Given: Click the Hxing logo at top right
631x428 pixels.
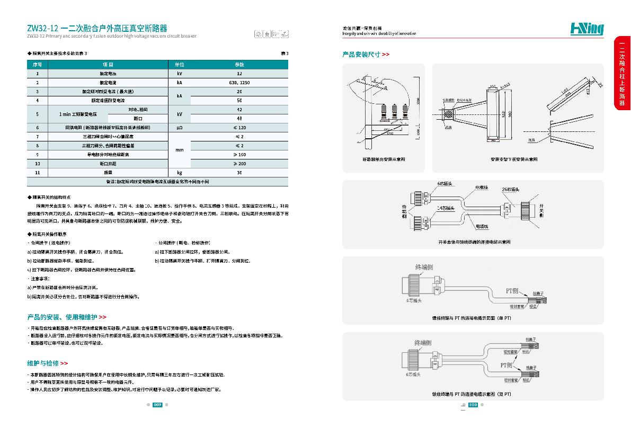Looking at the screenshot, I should (x=586, y=29).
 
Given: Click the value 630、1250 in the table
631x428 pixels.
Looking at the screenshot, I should (x=239, y=83).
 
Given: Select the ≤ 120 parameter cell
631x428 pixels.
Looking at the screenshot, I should (x=239, y=128).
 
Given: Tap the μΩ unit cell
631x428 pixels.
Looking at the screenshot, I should (x=179, y=128).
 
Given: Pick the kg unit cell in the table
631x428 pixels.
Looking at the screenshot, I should (x=179, y=173).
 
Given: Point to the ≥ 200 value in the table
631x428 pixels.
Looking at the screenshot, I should (x=239, y=164).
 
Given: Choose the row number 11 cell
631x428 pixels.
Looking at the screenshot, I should (x=37, y=173).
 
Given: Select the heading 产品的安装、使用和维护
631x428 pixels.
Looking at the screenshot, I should (x=66, y=317).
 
